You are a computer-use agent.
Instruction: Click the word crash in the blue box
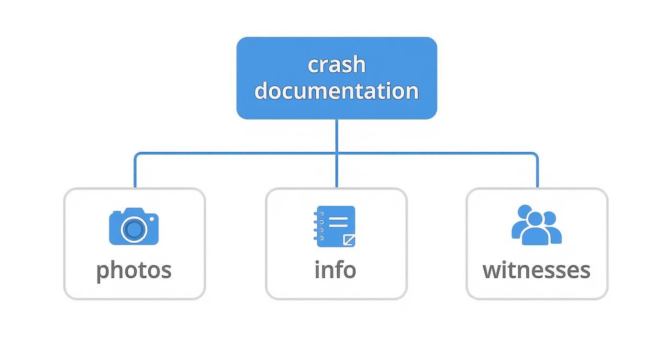336,65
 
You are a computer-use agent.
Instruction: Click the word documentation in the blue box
336,90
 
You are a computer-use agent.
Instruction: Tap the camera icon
133,226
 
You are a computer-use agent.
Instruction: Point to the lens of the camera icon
133,229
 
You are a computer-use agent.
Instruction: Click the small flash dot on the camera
152,218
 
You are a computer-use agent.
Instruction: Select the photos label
133,270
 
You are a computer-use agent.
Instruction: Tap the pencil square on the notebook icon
349,240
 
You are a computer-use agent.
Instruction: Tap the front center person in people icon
535,230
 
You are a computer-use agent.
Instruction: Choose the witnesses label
536,270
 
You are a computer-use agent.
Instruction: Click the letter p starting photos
101,272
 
